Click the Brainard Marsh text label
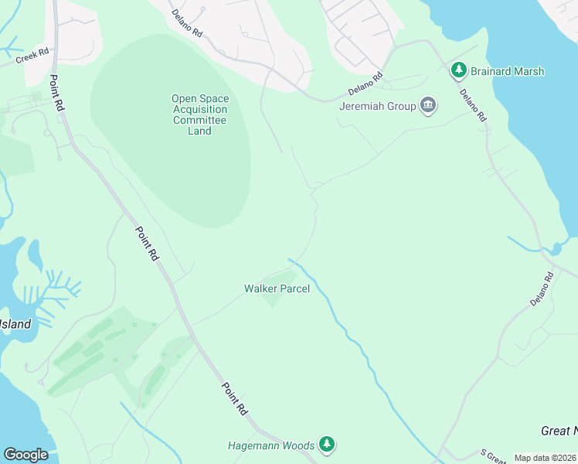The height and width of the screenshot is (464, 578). (508, 71)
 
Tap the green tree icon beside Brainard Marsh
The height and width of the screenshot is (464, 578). (459, 71)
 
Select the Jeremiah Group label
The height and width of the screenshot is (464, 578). (378, 106)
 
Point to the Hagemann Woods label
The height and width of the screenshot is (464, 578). (271, 445)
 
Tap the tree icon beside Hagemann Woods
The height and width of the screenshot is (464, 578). (328, 445)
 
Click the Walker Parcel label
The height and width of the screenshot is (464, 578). (277, 288)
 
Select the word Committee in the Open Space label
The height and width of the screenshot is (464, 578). (199, 120)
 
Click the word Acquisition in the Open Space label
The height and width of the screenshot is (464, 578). (199, 109)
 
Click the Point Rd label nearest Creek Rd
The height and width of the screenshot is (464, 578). (56, 94)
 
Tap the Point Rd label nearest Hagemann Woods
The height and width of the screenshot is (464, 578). (234, 399)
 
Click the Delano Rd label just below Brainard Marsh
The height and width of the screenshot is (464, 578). (472, 106)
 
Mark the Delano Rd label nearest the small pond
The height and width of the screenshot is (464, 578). (542, 288)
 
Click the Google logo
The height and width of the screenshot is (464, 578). (26, 455)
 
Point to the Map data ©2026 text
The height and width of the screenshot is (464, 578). (545, 458)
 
